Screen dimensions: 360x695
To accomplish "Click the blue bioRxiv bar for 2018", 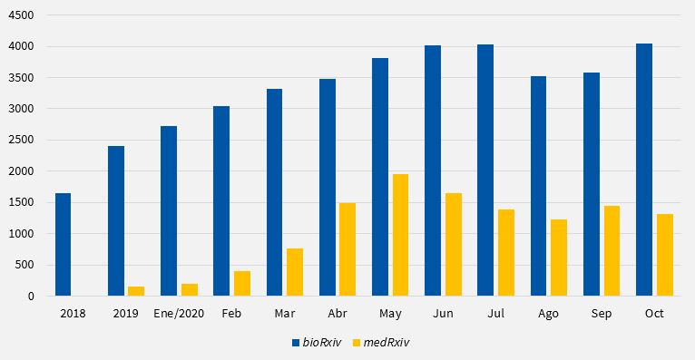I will (x=63, y=244).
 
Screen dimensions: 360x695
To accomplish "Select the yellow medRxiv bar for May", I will (x=401, y=235).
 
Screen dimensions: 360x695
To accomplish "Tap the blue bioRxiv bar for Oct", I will (x=644, y=170).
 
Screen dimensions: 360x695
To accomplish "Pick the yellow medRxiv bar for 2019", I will (x=136, y=291).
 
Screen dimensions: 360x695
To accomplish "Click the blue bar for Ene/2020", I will (x=169, y=210).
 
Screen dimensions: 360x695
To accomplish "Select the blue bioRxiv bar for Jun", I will (x=433, y=170).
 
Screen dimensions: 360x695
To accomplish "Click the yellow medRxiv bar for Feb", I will (x=242, y=283).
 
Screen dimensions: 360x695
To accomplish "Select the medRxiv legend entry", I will (x=381, y=342).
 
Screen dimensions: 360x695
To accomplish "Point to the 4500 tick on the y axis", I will (x=22, y=15).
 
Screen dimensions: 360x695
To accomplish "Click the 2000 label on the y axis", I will (x=22, y=171).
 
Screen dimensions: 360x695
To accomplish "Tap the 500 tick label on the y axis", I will (x=24, y=265).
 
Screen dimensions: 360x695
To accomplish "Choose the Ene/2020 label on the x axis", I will (x=179, y=313).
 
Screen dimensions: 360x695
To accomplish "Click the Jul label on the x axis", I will (x=495, y=313).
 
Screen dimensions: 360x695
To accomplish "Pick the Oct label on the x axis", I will (x=654, y=313).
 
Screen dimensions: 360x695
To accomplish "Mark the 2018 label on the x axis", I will (x=73, y=313).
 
